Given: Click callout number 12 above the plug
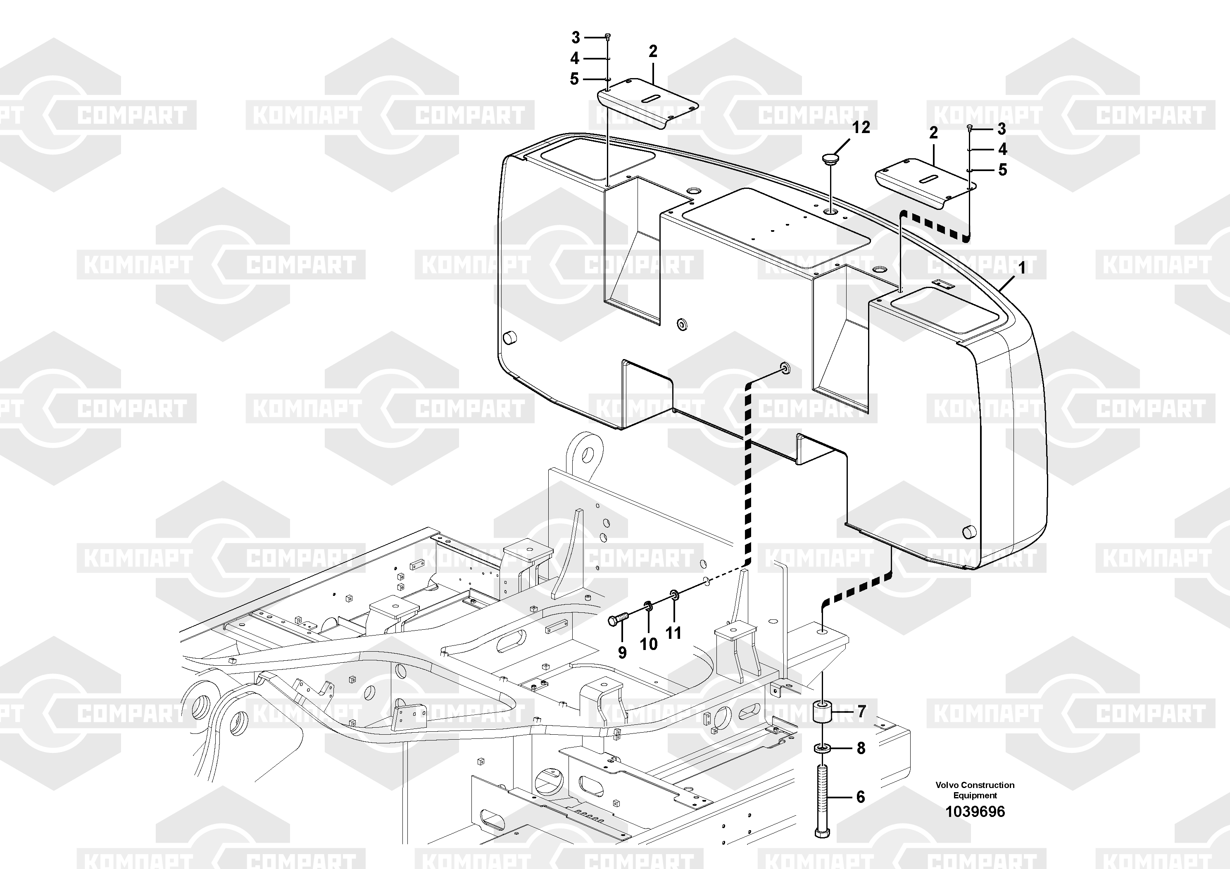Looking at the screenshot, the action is [x=861, y=128].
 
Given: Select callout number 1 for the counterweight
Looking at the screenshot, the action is [x=1022, y=267].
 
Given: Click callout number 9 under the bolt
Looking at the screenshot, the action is [x=622, y=652].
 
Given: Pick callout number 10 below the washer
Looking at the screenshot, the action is [x=649, y=644].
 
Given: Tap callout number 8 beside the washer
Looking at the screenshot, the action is [x=861, y=748].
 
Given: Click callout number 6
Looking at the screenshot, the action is [x=860, y=797].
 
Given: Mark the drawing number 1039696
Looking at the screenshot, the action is [x=975, y=812].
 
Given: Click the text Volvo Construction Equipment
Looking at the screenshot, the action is [x=975, y=790].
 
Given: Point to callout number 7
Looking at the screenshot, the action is [x=861, y=712].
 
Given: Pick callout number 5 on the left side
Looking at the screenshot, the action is [x=574, y=79].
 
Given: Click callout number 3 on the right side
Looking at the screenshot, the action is [x=1001, y=129].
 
